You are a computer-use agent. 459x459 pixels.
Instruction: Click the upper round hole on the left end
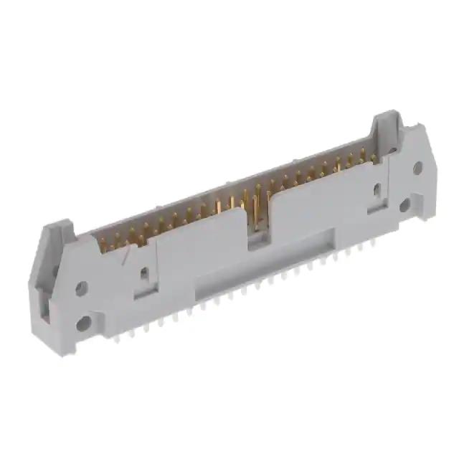81,288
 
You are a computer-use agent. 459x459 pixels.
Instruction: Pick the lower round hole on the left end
85,322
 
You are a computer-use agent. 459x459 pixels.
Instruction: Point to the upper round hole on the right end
417,168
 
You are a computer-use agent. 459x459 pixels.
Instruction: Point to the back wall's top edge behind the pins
237,181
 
